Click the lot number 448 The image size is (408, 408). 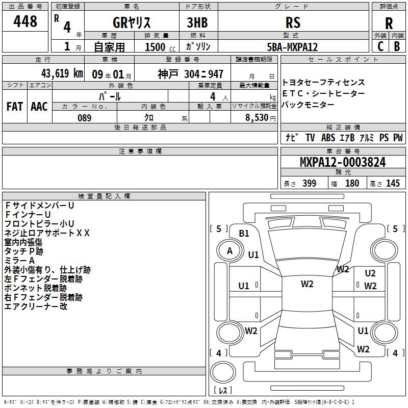[25, 21]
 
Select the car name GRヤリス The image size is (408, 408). [132, 22]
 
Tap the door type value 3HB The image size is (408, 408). [197, 22]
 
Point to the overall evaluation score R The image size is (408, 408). [389, 23]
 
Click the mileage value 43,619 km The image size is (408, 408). [62, 73]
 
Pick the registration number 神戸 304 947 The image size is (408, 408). [190, 74]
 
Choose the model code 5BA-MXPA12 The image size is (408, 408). [292, 47]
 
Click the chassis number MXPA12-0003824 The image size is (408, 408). [343, 162]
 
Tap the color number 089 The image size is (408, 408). [84, 118]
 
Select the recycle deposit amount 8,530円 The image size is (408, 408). [261, 118]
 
